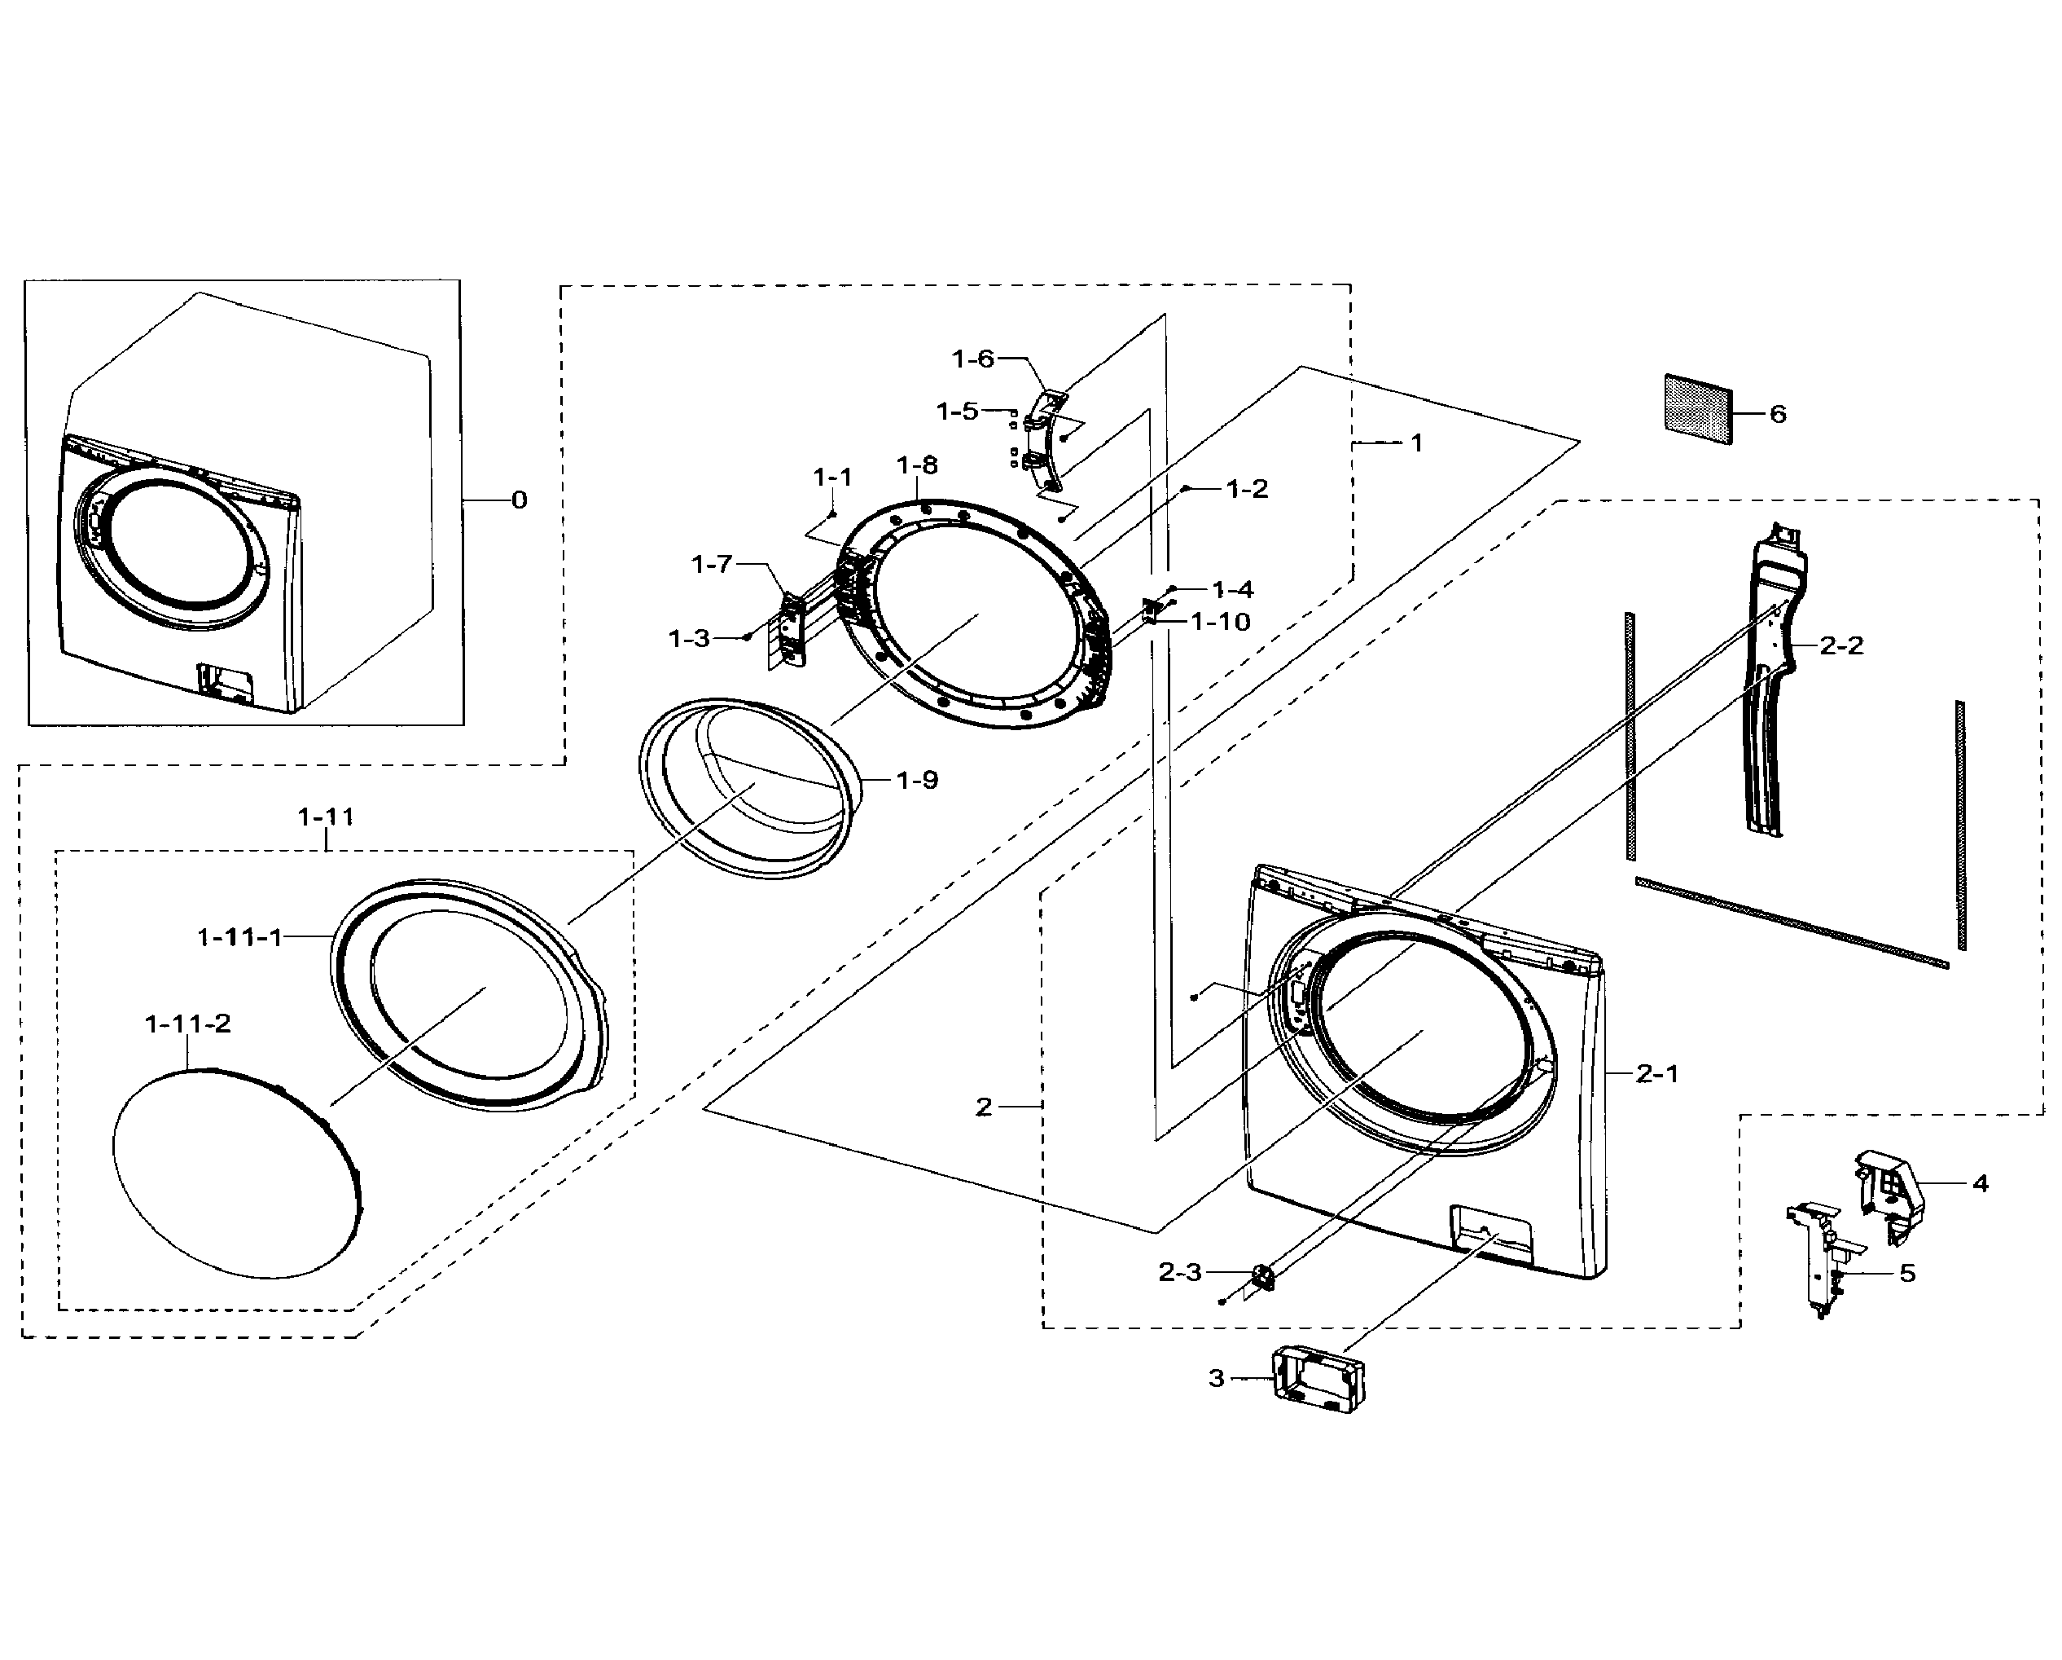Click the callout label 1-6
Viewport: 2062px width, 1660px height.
tap(972, 359)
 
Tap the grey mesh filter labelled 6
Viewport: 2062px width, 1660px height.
tap(1698, 409)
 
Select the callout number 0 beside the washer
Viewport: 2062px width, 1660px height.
tap(520, 500)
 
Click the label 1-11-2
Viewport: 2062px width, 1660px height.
tap(187, 1024)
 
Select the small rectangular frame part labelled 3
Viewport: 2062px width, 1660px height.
tap(1317, 1379)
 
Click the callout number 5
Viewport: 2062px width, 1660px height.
tap(1907, 1274)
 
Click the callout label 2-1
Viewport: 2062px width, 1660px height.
tap(1657, 1073)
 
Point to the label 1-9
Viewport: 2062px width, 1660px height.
tap(917, 780)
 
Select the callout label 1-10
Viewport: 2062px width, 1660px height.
tap(1221, 622)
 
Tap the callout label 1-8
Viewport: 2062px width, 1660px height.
tap(916, 465)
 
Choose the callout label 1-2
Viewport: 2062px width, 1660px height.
tap(1247, 489)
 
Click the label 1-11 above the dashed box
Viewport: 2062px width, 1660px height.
tap(325, 816)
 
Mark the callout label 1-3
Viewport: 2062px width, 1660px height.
tap(689, 638)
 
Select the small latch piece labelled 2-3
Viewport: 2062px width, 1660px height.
tap(1262, 1277)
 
